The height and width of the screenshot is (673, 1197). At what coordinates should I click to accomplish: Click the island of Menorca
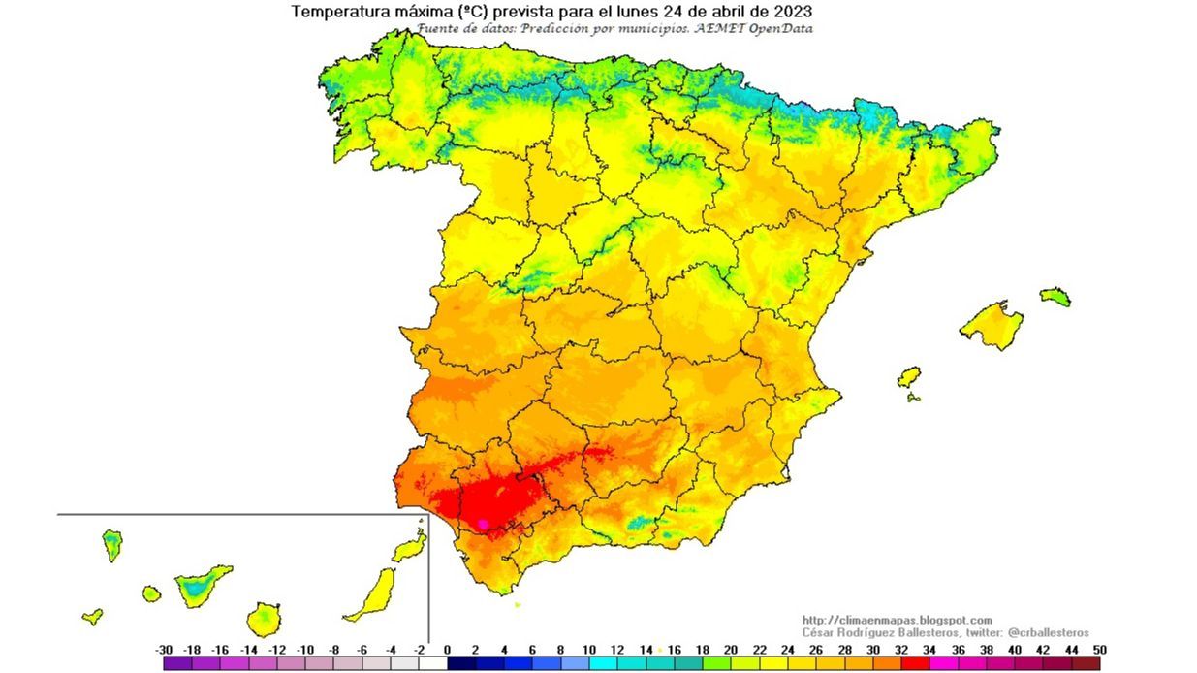coord(1055,296)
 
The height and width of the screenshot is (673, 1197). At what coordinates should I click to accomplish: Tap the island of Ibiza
coord(908,377)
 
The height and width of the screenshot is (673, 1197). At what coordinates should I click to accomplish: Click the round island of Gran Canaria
coord(263,619)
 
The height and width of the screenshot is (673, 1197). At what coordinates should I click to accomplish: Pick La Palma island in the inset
coord(112,545)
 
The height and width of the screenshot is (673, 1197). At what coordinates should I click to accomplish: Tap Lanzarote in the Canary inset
coord(409,549)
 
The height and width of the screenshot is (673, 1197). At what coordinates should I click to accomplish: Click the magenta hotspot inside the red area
coord(484,524)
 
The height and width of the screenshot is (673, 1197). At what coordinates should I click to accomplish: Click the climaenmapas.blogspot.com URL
coord(897,620)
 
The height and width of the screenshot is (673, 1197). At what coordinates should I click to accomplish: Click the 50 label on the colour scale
coord(1098,650)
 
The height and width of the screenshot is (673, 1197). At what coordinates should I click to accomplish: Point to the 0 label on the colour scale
coord(447,650)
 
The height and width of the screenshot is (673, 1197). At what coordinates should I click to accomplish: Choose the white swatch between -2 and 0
coord(433,664)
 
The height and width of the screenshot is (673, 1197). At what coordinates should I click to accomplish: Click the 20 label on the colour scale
coord(730,650)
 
